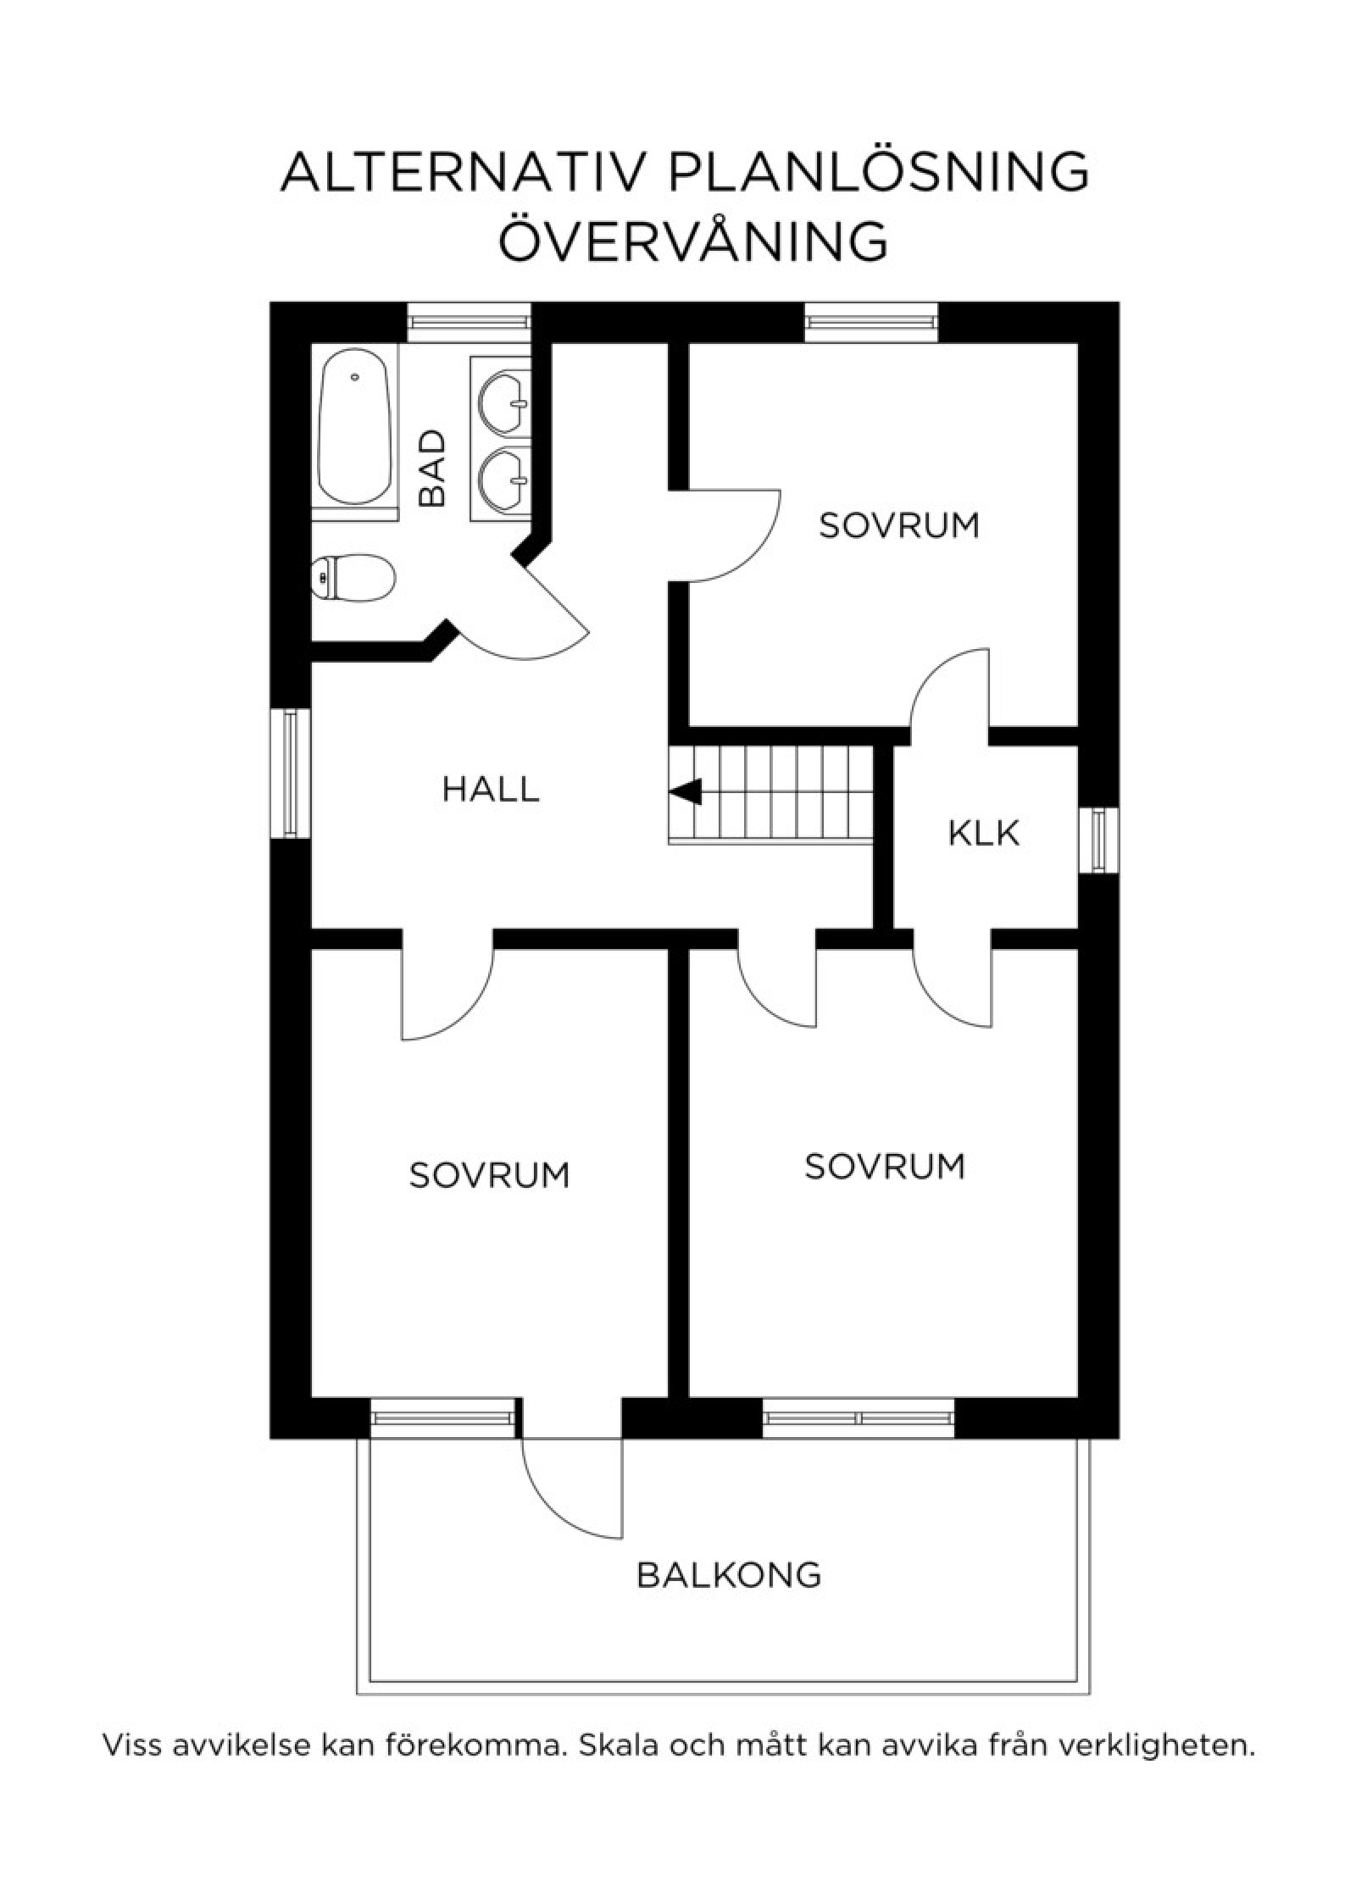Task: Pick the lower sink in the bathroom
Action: pos(503,479)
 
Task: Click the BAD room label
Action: pos(432,469)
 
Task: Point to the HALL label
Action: pos(491,790)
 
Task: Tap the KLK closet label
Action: pos(983,834)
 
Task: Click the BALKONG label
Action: pos(729,1575)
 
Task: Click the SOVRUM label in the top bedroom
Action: pos(899,525)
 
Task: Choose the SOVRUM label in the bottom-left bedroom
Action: pos(489,1175)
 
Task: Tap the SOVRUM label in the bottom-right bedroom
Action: pos(885,1167)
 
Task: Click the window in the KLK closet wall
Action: pos(1098,841)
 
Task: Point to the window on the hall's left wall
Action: pos(291,773)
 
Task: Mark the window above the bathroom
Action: pos(469,323)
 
